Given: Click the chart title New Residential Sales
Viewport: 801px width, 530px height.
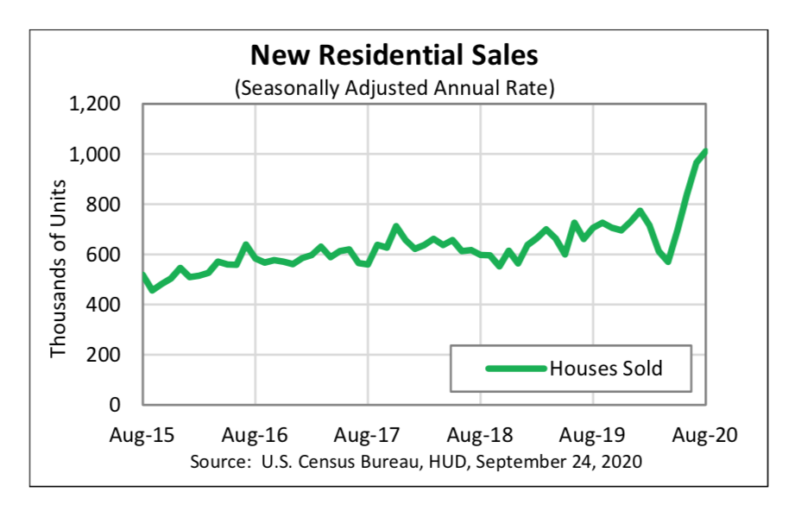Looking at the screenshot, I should tap(394, 56).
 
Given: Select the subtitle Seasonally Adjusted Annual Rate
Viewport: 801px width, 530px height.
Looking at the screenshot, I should tap(394, 87).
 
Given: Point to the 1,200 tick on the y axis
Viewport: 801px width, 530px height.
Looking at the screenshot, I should tap(95, 104).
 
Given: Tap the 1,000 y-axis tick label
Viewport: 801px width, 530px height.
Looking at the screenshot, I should tap(95, 155).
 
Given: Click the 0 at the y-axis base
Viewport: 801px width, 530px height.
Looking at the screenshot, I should tap(113, 405).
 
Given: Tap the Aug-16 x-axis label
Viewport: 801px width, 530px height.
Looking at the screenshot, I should tap(255, 433).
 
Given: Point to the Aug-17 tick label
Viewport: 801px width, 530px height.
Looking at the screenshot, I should tap(369, 433).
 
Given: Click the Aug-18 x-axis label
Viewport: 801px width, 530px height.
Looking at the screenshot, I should tap(481, 433).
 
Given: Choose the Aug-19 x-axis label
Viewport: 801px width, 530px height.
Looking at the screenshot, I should tap(594, 433).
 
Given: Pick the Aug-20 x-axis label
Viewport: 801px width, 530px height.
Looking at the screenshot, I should tap(707, 433).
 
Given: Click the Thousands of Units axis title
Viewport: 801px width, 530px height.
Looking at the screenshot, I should tap(59, 268).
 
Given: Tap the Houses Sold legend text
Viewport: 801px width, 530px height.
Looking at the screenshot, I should tap(606, 369).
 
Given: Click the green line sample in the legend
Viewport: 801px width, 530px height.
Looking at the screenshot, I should tap(515, 369).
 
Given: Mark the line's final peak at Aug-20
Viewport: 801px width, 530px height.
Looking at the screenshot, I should tap(705, 152).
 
